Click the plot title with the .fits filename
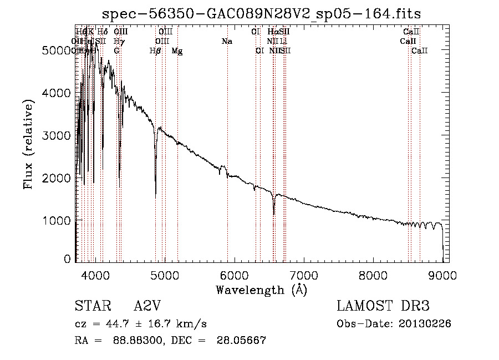[262, 14]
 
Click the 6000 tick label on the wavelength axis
[233, 273]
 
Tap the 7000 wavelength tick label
[303, 273]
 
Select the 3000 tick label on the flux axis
[58, 136]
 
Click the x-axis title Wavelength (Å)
[261, 289]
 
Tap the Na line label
[226, 42]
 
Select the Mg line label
[177, 51]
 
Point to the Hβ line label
[155, 51]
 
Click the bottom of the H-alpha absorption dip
[273, 214]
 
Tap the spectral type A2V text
[149, 307]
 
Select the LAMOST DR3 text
[383, 307]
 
